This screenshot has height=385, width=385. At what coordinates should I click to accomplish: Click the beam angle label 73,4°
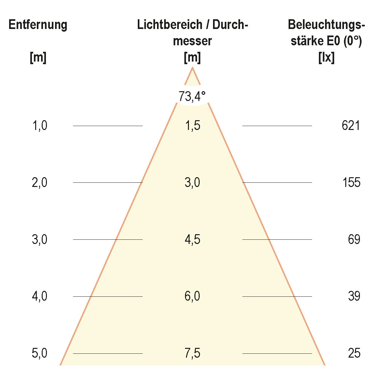click(192, 96)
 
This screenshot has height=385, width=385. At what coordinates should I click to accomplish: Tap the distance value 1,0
click(40, 125)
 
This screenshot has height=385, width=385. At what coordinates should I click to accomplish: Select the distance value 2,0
click(40, 182)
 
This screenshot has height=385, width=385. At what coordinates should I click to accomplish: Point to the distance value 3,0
click(40, 239)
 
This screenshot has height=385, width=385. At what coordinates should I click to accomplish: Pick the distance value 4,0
click(40, 296)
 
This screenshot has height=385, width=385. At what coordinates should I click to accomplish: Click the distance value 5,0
click(40, 353)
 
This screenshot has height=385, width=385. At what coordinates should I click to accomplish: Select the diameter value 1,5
click(192, 125)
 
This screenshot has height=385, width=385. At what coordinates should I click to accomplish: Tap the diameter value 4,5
click(192, 239)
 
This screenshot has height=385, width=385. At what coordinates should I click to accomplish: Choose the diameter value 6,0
click(192, 296)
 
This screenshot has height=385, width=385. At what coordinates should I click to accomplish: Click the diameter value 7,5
click(192, 353)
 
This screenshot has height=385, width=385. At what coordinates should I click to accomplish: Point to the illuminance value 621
click(351, 125)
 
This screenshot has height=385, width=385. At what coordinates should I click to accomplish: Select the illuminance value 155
click(351, 182)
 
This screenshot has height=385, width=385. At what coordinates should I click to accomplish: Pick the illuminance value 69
click(354, 239)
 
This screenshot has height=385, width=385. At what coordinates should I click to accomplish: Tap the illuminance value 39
click(354, 296)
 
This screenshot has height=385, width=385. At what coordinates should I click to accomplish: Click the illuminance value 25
click(354, 353)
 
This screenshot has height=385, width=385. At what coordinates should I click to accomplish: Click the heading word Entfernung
click(38, 25)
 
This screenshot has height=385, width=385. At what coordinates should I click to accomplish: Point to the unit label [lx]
click(326, 58)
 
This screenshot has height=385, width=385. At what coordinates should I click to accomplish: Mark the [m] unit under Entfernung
click(38, 58)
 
